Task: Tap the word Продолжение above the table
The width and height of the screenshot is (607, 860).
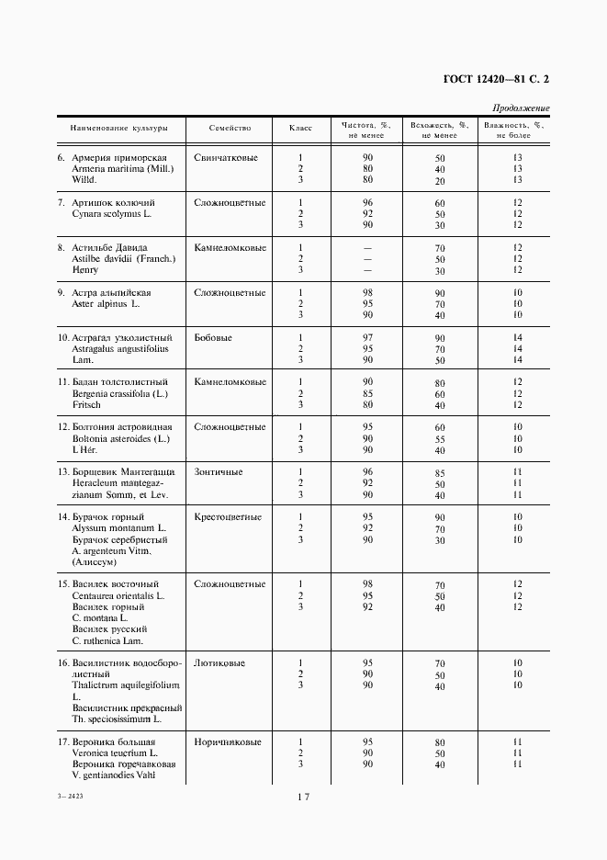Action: click(x=521, y=108)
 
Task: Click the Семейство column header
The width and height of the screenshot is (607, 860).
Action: click(x=230, y=129)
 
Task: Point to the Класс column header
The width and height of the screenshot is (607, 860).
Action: click(x=300, y=129)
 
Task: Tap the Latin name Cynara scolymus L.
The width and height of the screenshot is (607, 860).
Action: click(x=109, y=213)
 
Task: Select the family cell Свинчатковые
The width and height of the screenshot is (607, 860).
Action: click(x=226, y=157)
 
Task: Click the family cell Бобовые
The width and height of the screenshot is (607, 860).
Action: click(x=213, y=337)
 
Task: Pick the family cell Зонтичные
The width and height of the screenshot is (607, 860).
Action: click(x=219, y=471)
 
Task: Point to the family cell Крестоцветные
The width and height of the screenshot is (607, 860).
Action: click(x=229, y=516)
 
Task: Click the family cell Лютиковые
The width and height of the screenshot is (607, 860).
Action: click(x=219, y=662)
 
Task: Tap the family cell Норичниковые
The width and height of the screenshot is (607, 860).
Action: click(x=228, y=741)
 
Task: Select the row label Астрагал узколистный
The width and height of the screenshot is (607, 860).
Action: click(x=122, y=337)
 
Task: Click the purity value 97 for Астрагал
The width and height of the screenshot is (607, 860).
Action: click(x=367, y=337)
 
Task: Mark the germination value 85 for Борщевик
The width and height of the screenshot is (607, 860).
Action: click(x=440, y=473)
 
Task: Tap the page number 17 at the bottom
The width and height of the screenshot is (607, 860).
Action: click(x=303, y=798)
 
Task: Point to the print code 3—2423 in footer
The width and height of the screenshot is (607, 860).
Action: click(x=70, y=798)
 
